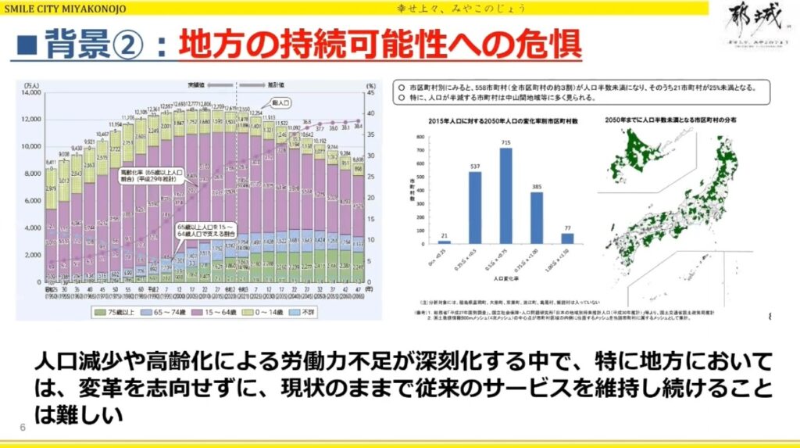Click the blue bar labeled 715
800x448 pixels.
click(505, 195)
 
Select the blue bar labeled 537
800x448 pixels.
click(475, 208)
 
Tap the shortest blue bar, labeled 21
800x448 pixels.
click(445, 242)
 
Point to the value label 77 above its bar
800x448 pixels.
click(566, 228)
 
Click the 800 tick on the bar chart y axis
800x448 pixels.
click(420, 138)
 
